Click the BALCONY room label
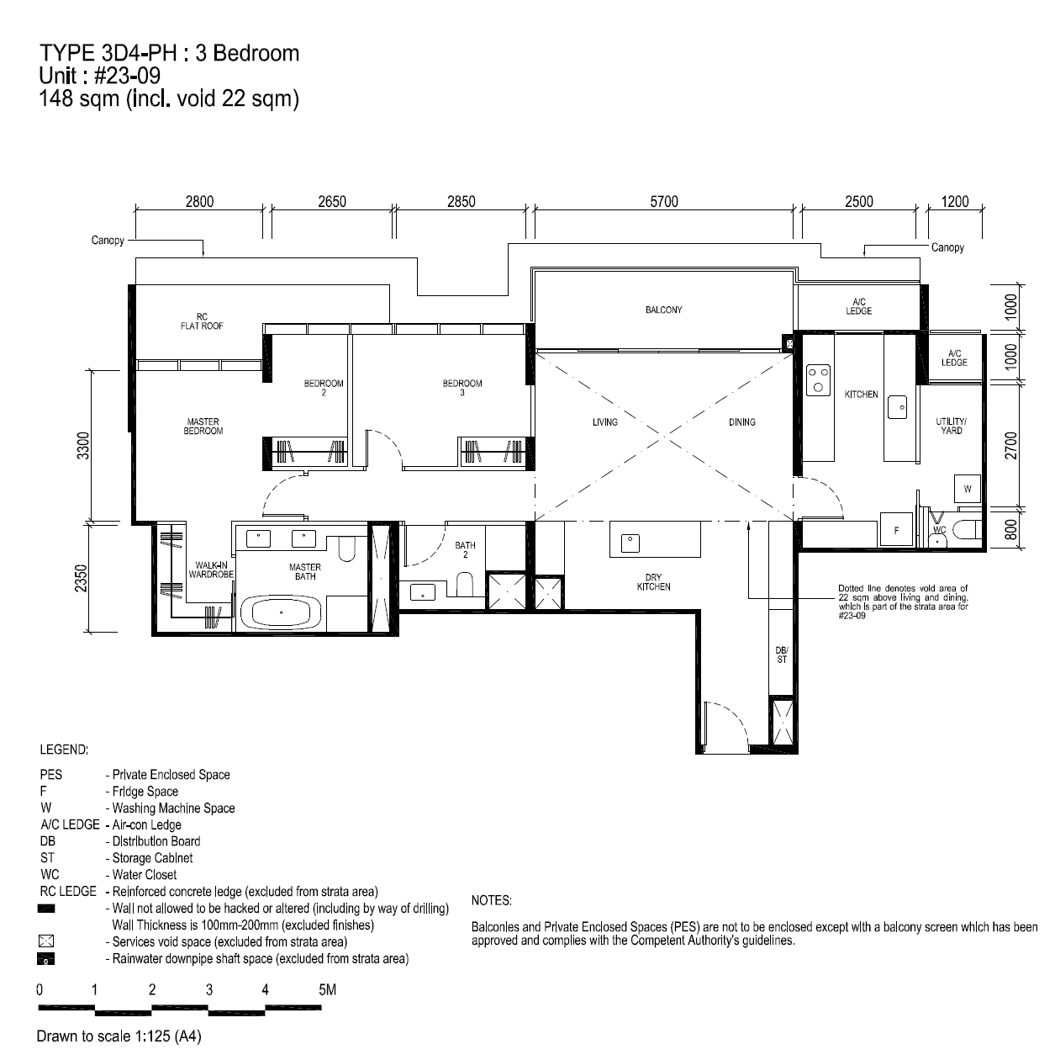coord(663,310)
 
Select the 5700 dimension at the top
coord(664,201)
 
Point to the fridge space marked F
coord(896,530)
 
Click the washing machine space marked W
coord(968,489)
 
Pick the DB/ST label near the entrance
coord(782,655)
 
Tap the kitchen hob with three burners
coord(818,380)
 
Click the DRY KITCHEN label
coord(654,582)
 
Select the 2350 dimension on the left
coord(82,578)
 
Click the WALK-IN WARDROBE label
coord(211,570)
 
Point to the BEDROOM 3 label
coord(462,388)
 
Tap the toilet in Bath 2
coord(465,584)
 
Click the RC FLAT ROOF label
coord(202,321)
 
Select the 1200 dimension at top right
coord(955,201)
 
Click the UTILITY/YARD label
coord(951,427)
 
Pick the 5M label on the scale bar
coord(327,989)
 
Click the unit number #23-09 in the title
coord(127,76)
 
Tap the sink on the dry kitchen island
coord(630,543)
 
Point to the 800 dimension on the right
coord(1011,530)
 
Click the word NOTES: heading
coord(492,900)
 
